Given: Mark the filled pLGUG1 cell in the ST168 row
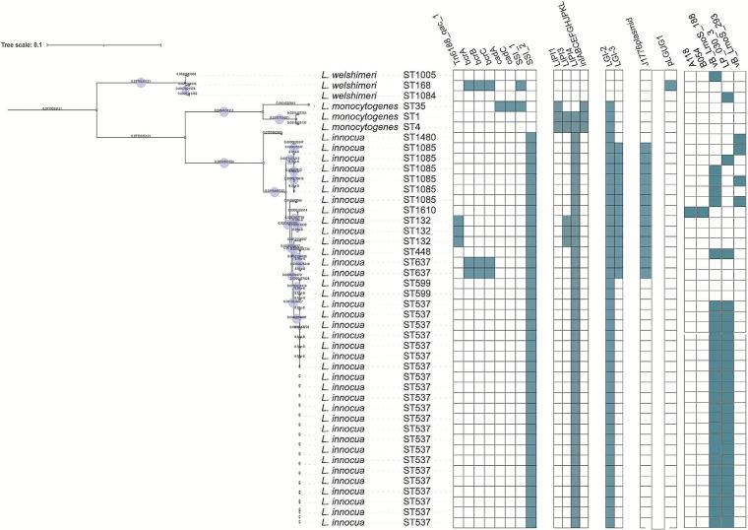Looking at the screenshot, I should tap(670, 86).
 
